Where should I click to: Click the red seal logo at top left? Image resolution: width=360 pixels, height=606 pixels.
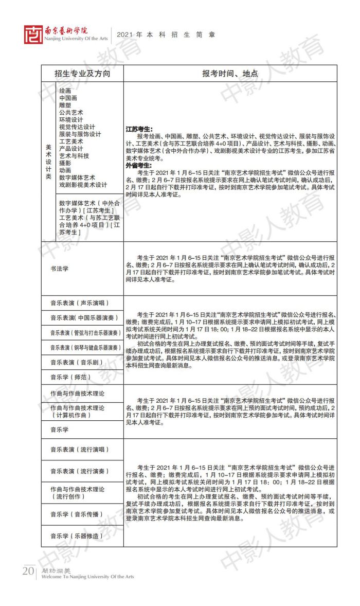[x=34, y=34]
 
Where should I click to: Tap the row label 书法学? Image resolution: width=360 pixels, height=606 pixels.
[x=60, y=269]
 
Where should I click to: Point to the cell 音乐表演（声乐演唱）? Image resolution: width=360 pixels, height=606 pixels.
[x=80, y=303]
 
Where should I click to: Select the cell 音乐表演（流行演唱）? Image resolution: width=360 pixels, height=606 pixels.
[x=80, y=449]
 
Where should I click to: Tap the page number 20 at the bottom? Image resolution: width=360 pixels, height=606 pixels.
[x=28, y=572]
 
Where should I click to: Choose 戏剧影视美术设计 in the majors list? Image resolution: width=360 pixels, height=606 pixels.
[x=83, y=185]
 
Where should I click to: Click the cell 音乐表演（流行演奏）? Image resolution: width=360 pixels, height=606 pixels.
[x=80, y=471]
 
